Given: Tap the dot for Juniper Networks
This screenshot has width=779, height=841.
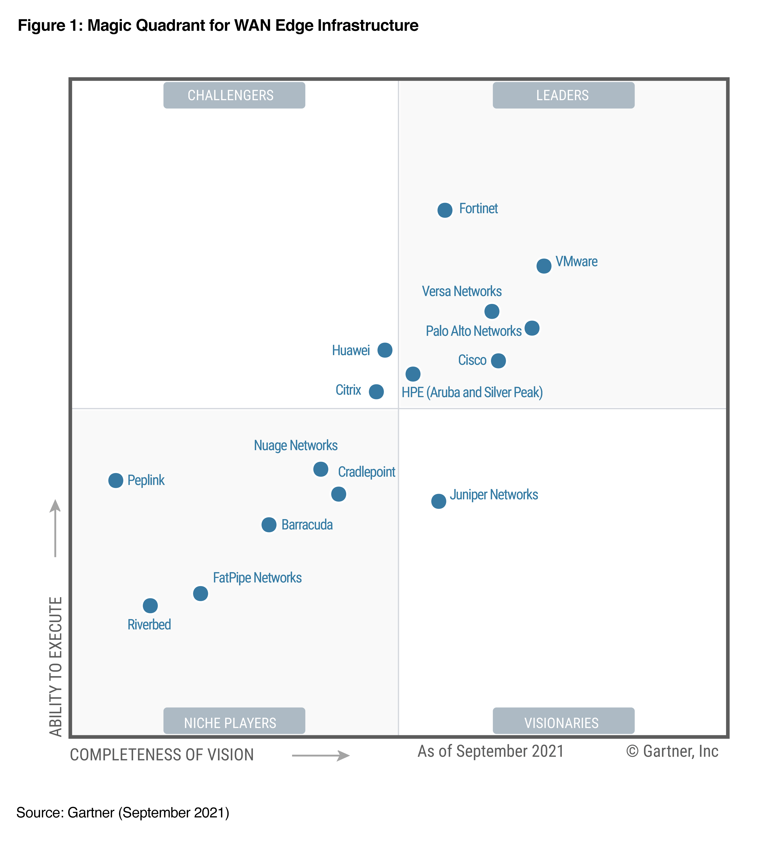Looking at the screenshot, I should (438, 501).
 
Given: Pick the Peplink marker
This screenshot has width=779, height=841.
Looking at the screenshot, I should (115, 480).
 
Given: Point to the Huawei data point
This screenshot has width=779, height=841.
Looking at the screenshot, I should (384, 350).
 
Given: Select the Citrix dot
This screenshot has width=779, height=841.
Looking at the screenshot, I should (376, 391).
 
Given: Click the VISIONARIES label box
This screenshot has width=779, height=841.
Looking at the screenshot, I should (563, 722).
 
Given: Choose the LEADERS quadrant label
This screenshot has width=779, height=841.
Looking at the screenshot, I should (563, 95).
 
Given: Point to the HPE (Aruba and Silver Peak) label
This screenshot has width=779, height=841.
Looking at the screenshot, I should (472, 392).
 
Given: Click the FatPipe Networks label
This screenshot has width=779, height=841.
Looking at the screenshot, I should (257, 577).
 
